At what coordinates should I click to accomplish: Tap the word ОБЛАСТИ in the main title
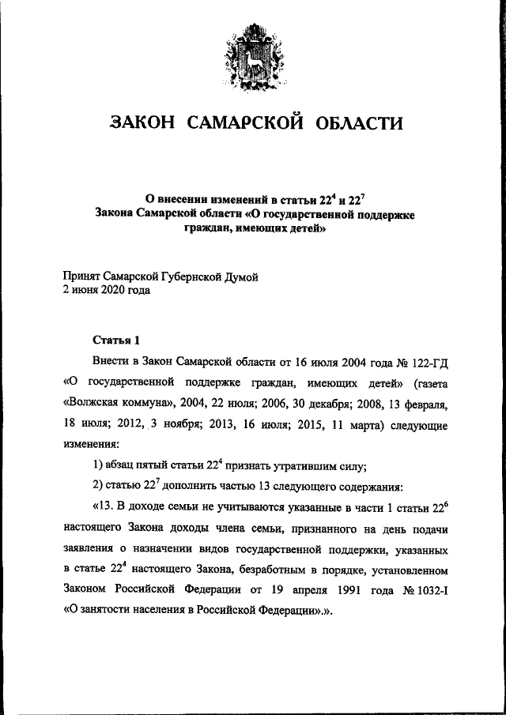click(x=359, y=122)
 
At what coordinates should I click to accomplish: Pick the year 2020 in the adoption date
click(x=112, y=290)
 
